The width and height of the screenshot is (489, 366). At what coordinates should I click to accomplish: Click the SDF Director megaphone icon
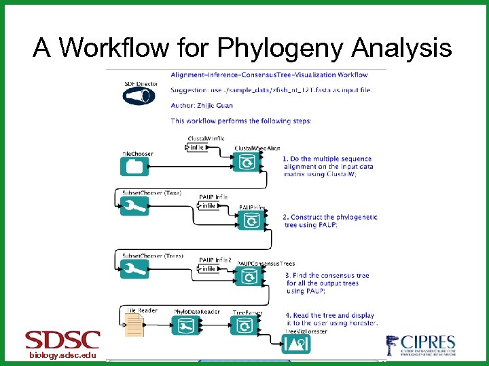(x=139, y=96)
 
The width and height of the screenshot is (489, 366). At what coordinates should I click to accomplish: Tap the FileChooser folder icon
(x=134, y=166)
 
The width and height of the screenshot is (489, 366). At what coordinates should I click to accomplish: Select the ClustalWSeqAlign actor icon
(x=247, y=163)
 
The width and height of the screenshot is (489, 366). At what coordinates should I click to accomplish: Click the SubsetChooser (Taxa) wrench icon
(x=134, y=206)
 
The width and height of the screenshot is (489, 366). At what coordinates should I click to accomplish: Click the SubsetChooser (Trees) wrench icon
(x=134, y=269)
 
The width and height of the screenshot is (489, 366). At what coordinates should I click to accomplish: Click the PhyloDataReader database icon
(x=184, y=326)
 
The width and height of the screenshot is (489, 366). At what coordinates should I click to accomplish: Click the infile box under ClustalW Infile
(x=196, y=147)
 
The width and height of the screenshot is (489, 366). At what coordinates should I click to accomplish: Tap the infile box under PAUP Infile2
(x=209, y=269)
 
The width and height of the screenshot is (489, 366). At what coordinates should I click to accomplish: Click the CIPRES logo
(x=420, y=346)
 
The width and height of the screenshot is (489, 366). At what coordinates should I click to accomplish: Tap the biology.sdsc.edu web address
(x=62, y=355)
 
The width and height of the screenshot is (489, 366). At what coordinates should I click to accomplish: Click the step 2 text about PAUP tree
(x=329, y=221)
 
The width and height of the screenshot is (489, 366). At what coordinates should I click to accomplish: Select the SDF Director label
(x=141, y=84)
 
